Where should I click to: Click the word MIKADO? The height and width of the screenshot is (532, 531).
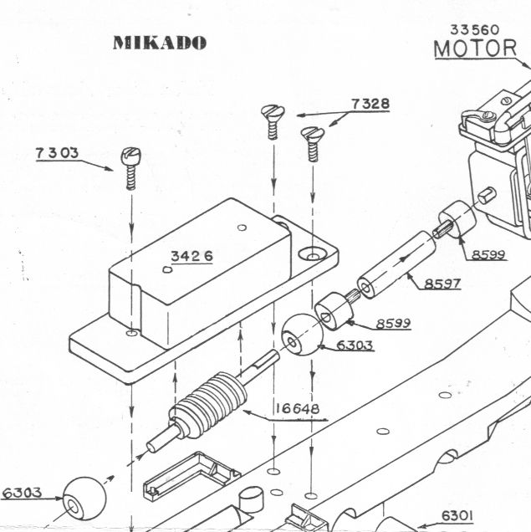pyautogui.click(x=159, y=43)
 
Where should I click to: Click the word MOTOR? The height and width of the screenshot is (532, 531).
pyautogui.click(x=475, y=49)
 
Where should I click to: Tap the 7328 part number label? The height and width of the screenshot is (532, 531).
pyautogui.click(x=370, y=104)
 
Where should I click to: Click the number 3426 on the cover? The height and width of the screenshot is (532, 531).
pyautogui.click(x=191, y=257)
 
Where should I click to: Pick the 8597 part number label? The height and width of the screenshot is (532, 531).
pyautogui.click(x=442, y=284)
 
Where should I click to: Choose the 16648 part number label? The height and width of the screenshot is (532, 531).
pyautogui.click(x=296, y=409)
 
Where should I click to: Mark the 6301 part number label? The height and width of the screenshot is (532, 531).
pyautogui.click(x=457, y=515)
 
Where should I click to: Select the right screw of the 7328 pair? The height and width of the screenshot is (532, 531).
pyautogui.click(x=313, y=142)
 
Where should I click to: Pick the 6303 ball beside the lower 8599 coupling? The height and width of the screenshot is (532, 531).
pyautogui.click(x=299, y=335)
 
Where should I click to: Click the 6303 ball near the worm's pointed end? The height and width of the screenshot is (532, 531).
pyautogui.click(x=83, y=499)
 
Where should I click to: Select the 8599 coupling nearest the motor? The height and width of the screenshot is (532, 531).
pyautogui.click(x=458, y=219)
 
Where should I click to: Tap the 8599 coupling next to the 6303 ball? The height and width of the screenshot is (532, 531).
pyautogui.click(x=335, y=311)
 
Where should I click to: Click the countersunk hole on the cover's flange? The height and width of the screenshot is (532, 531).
pyautogui.click(x=314, y=253)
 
